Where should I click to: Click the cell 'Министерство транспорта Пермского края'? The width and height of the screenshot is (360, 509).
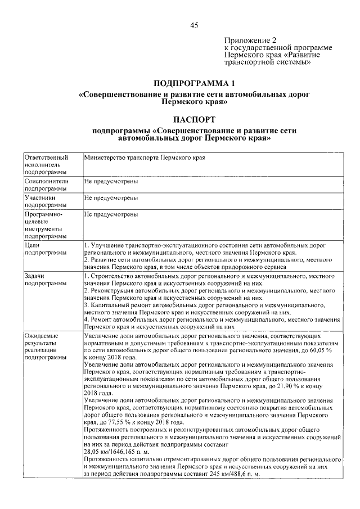(x=144, y=158)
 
